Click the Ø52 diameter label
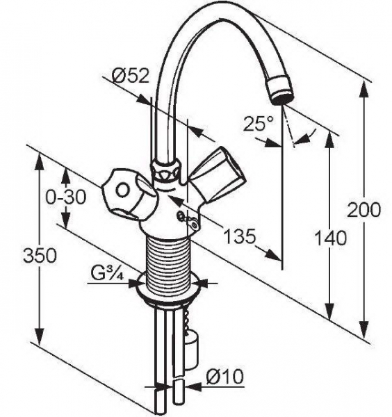click(130, 76)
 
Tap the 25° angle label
click(259, 123)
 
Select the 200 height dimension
click(364, 210)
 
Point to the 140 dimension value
click(331, 238)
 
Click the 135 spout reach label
click(240, 236)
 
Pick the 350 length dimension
click(40, 256)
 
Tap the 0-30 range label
click(66, 197)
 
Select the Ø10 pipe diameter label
click(225, 376)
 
